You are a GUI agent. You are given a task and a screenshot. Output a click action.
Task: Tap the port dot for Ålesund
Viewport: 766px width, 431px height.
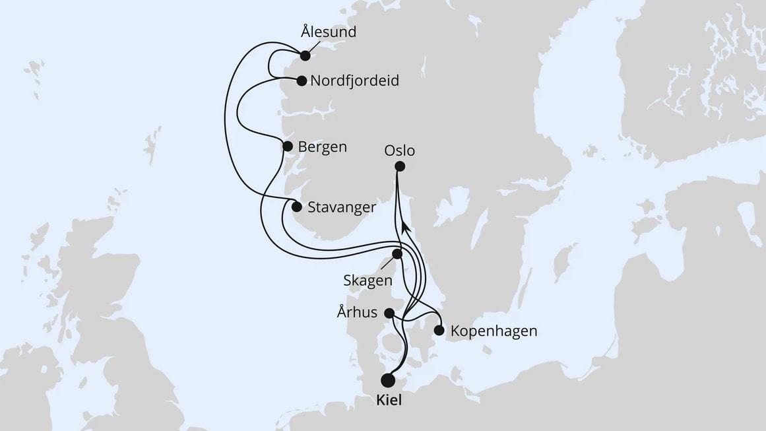tap(305, 55)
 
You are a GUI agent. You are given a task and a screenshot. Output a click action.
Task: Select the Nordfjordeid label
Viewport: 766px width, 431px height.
tap(354, 81)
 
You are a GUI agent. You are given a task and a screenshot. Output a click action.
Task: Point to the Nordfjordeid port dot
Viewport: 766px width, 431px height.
tap(302, 81)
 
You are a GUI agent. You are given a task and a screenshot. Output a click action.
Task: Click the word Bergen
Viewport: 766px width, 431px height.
tap(322, 147)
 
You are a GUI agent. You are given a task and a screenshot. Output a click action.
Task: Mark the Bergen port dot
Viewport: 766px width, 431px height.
tap(288, 147)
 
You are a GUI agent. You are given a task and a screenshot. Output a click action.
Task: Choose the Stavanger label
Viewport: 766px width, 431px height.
tap(342, 207)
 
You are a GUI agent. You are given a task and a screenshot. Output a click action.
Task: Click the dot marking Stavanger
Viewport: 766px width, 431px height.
tap(297, 207)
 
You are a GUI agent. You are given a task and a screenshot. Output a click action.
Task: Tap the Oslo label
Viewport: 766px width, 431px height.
tap(400, 151)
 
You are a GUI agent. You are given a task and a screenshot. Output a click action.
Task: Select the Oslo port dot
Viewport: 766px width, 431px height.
tap(400, 167)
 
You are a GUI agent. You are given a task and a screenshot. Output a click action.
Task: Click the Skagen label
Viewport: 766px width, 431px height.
tap(367, 280)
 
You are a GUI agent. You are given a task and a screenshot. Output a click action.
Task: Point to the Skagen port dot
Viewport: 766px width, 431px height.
tap(397, 254)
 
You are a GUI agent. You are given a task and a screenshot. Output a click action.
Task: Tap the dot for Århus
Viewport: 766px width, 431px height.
tap(390, 313)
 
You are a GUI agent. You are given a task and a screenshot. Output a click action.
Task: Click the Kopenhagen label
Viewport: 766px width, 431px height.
tap(494, 331)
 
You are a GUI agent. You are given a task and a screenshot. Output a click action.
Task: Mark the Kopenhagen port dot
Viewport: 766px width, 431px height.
tap(439, 330)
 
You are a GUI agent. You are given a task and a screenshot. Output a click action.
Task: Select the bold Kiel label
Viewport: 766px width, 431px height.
tap(388, 401)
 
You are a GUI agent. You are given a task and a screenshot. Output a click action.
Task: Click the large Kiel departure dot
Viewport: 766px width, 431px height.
tap(388, 380)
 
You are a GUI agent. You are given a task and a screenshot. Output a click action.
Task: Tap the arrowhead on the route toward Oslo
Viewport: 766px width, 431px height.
tap(406, 226)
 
